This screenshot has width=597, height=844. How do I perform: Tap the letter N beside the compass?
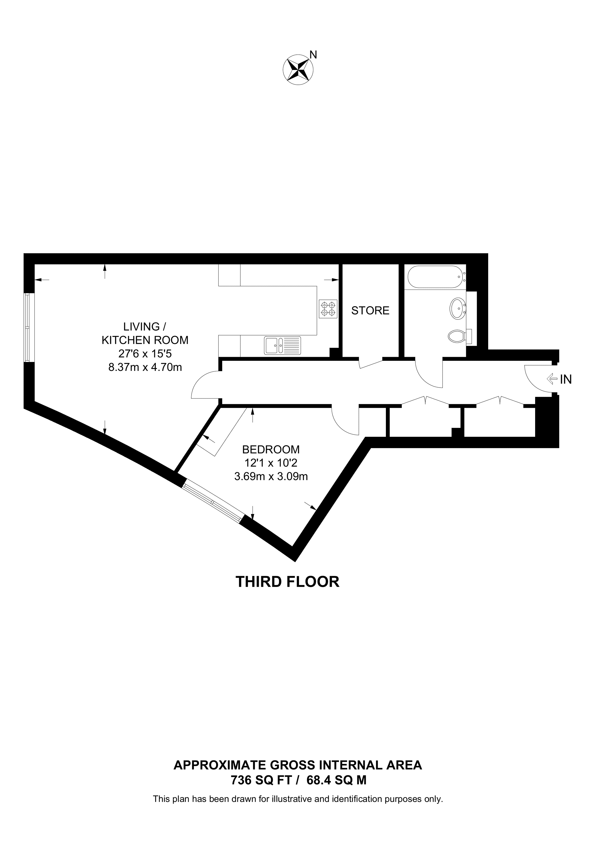313,55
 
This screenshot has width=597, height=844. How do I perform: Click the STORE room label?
370,311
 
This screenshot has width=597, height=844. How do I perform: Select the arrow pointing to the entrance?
552,379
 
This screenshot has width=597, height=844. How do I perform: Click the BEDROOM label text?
271,449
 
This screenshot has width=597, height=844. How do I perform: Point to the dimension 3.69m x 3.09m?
271,477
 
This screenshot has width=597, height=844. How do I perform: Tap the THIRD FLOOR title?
287,582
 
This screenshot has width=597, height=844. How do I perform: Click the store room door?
371,364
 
